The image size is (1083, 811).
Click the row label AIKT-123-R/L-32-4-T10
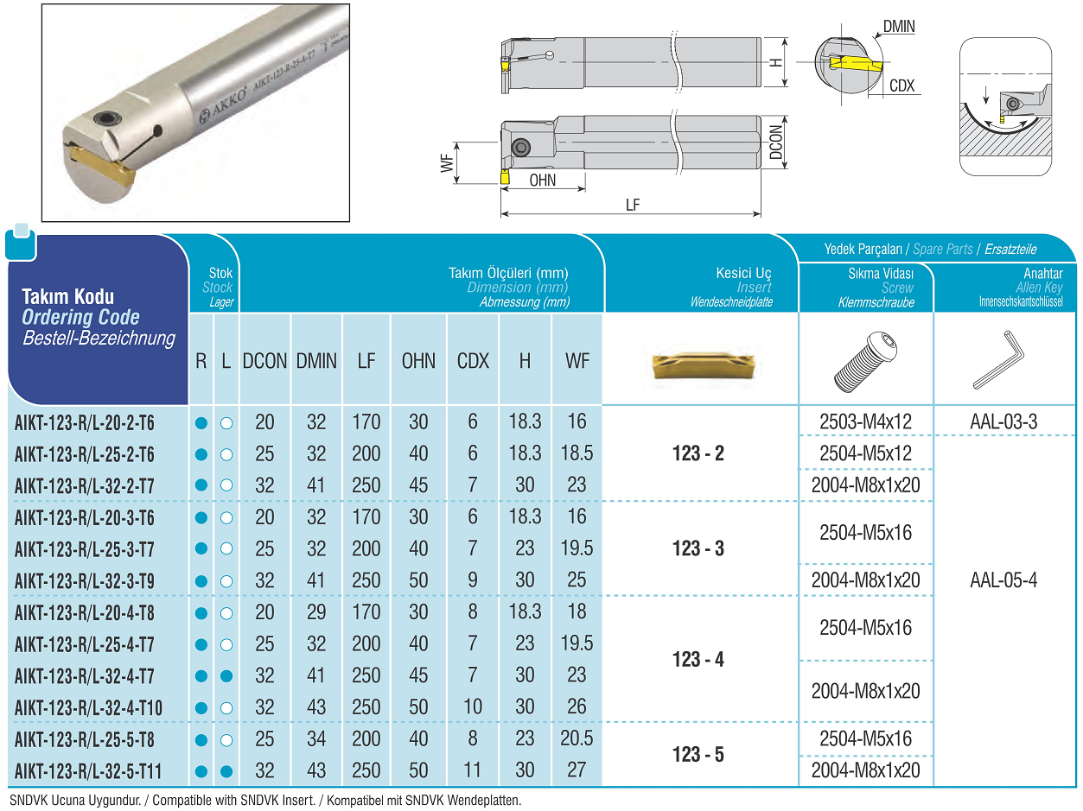point(88,708)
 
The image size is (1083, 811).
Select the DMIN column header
point(316,361)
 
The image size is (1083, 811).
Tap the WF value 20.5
point(577,738)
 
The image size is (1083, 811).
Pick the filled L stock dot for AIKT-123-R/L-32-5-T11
point(226,771)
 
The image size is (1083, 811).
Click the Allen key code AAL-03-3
point(1003,422)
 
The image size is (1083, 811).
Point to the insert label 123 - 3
point(698,548)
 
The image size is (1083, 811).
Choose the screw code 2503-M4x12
point(865,422)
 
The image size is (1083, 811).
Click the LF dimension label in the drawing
point(633,205)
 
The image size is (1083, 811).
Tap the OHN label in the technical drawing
point(542,181)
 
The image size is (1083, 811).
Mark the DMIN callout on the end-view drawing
point(899,27)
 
